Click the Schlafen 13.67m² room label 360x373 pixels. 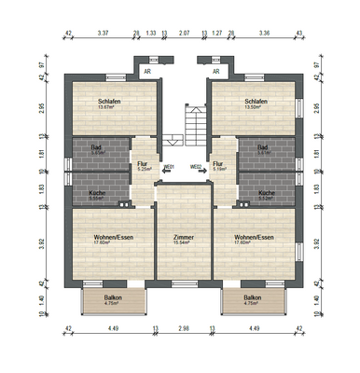[112, 104]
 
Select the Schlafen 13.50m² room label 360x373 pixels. [256, 104]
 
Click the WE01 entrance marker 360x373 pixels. [169, 168]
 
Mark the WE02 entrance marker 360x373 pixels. [197, 168]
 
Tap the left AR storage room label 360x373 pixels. [146, 70]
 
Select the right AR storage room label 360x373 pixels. [216, 70]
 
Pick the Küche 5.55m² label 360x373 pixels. [96, 195]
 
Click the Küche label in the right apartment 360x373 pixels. [267, 195]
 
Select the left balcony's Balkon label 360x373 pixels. [113, 299]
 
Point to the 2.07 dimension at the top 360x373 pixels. [184, 33]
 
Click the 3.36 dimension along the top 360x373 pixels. [264, 33]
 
